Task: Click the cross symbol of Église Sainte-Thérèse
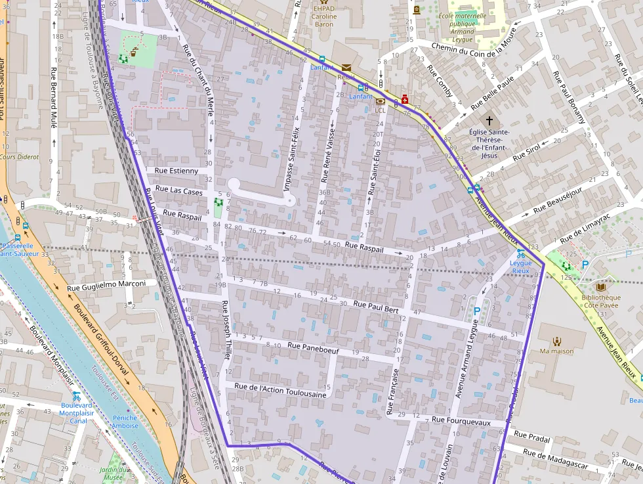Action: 488,121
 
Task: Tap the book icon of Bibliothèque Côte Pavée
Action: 601,286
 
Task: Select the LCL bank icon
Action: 380,101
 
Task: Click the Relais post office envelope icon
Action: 346,68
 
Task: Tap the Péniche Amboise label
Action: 125,422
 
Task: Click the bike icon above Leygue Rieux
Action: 520,253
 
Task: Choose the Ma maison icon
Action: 557,341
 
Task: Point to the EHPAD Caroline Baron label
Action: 323,16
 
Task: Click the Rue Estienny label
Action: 176,171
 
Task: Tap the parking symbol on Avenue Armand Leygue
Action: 477,311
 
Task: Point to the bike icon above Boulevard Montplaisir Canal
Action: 77,396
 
